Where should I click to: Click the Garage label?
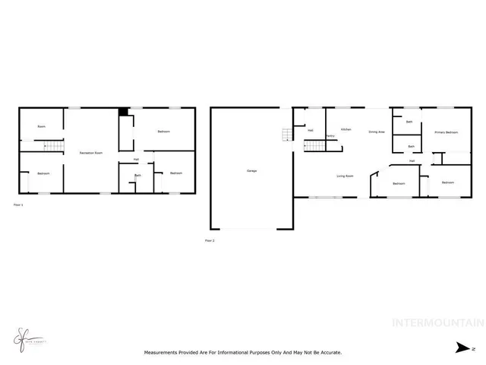pos(251,170)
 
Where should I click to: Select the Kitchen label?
pos(346,130)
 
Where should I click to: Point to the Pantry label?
pos(331,136)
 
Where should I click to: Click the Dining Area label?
pos(377,132)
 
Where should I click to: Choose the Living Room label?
pos(346,176)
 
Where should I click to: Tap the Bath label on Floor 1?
pos(137,176)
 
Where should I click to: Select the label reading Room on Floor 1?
pos(42,126)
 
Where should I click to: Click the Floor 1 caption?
pos(19,205)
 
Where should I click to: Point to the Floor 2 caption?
pos(210,241)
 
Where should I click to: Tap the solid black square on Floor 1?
pos(123,113)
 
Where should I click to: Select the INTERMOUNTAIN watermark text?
pos(437,323)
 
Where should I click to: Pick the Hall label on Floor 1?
pos(136,160)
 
